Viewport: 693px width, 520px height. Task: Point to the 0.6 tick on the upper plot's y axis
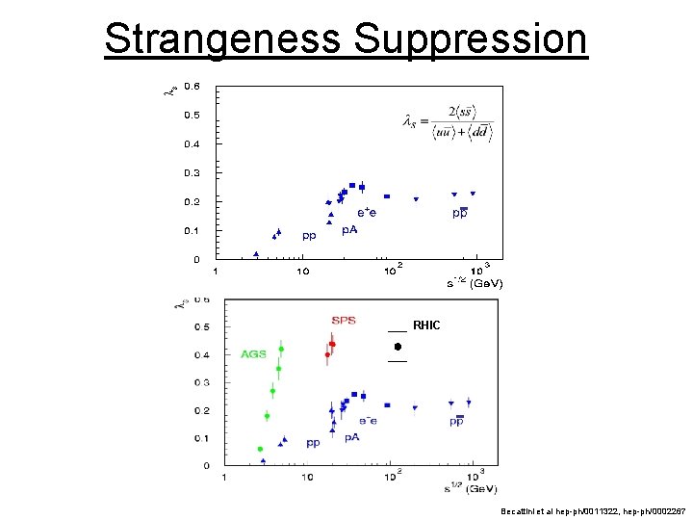point(192,86)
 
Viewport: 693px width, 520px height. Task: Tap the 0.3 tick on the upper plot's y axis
point(192,173)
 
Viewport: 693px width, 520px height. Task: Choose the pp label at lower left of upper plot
point(310,234)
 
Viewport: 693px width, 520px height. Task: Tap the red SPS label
point(344,320)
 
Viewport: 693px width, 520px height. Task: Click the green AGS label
point(253,354)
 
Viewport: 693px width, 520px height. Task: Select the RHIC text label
point(425,325)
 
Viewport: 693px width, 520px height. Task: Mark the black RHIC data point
point(397,346)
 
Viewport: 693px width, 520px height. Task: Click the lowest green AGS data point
point(260,449)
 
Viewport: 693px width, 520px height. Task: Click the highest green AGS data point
point(281,350)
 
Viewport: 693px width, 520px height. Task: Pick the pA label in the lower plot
point(352,437)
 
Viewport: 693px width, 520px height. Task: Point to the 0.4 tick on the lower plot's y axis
point(202,354)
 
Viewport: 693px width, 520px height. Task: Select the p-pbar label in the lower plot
point(456,421)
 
